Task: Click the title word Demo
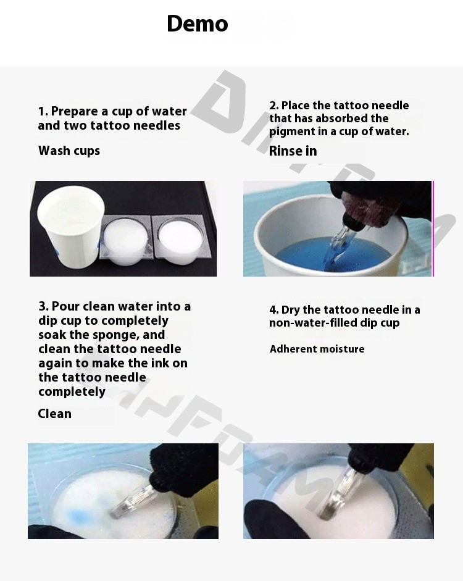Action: [197, 23]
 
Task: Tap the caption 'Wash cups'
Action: [69, 151]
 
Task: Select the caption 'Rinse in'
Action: [293, 151]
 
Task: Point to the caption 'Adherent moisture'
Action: [317, 349]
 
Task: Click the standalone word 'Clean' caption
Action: [54, 414]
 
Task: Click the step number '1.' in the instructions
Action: [43, 111]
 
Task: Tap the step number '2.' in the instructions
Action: [274, 106]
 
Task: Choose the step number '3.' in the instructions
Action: [43, 306]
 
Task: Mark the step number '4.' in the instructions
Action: [274, 310]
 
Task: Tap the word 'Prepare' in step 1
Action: [75, 112]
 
